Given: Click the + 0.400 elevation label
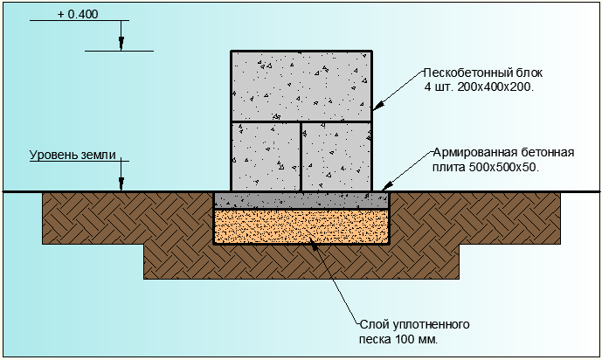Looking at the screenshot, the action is (x=78, y=14).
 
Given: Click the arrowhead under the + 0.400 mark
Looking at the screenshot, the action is (x=121, y=44).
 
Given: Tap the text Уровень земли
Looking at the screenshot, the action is (x=73, y=155).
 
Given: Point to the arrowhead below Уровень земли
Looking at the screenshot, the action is (x=121, y=183).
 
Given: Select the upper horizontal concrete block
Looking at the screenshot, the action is (x=301, y=87).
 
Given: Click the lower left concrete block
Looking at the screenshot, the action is (x=266, y=156).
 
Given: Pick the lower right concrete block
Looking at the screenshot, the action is (x=336, y=156).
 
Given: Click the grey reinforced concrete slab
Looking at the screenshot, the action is (x=301, y=200).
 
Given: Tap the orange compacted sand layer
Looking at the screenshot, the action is (x=301, y=226).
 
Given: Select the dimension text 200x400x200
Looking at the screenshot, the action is (x=495, y=87).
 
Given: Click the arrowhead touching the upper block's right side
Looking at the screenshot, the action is (x=378, y=106).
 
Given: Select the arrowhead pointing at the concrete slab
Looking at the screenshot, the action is (x=387, y=186).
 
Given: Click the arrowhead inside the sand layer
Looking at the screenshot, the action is (x=315, y=245).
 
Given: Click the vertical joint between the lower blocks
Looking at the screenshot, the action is (x=301, y=156).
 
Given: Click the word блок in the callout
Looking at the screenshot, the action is (x=526, y=73).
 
